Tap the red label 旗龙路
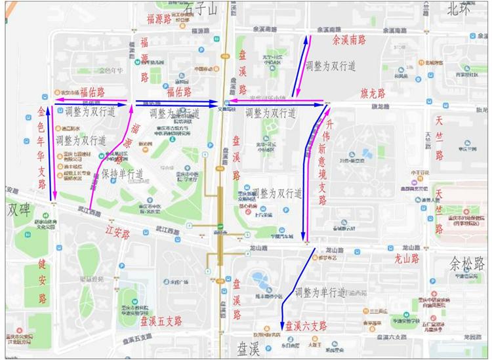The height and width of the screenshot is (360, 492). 375,92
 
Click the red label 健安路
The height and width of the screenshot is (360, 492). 43,281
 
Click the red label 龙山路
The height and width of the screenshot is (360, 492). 405,259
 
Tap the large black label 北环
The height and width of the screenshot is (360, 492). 460,9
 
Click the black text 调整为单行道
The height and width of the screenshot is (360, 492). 319,292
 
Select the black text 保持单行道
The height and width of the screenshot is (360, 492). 122,174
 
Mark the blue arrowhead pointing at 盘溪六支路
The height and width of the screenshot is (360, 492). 282,325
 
